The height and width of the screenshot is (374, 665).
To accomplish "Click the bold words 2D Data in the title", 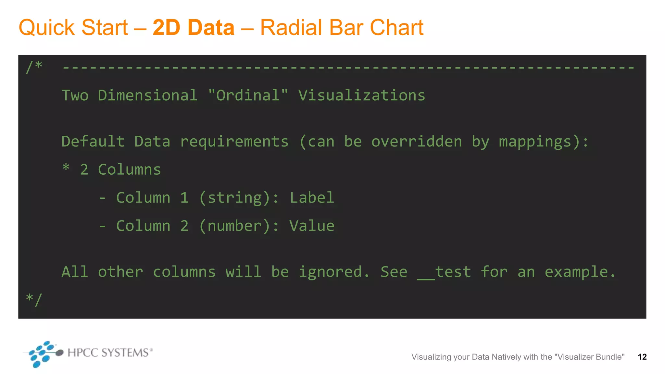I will point(194,28).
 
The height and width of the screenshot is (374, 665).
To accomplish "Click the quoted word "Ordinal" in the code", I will point(248,95).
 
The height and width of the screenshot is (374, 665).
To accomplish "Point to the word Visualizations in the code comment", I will point(362,95).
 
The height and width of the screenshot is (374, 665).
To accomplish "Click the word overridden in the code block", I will point(417,142).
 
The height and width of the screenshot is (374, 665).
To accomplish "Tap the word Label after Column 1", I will point(312,198).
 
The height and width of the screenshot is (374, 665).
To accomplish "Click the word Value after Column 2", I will point(312,226).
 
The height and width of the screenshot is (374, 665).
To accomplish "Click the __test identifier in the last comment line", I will point(444,272).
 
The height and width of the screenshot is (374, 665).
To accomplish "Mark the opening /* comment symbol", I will point(34,67).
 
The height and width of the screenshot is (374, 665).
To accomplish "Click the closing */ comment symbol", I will point(34,299).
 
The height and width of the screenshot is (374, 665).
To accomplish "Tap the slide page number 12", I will point(642,357).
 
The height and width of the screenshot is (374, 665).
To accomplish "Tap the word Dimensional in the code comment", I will point(148,95).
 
